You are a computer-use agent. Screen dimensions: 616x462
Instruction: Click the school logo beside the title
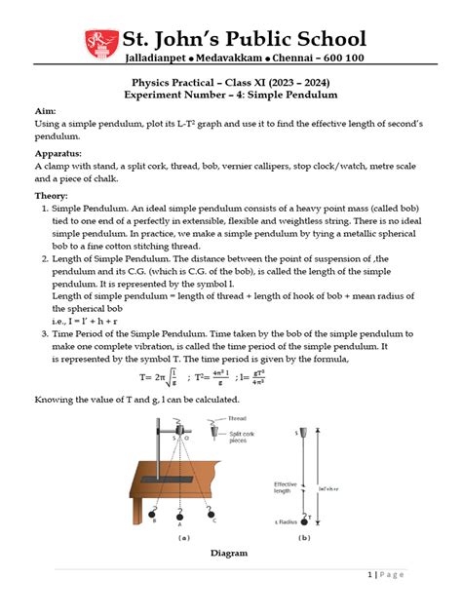[x=98, y=42]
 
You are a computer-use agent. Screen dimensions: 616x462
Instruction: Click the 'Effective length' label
[x=286, y=485]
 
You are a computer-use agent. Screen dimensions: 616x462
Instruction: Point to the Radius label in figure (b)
[x=287, y=521]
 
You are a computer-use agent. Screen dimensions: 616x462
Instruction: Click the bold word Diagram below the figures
[x=231, y=554]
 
